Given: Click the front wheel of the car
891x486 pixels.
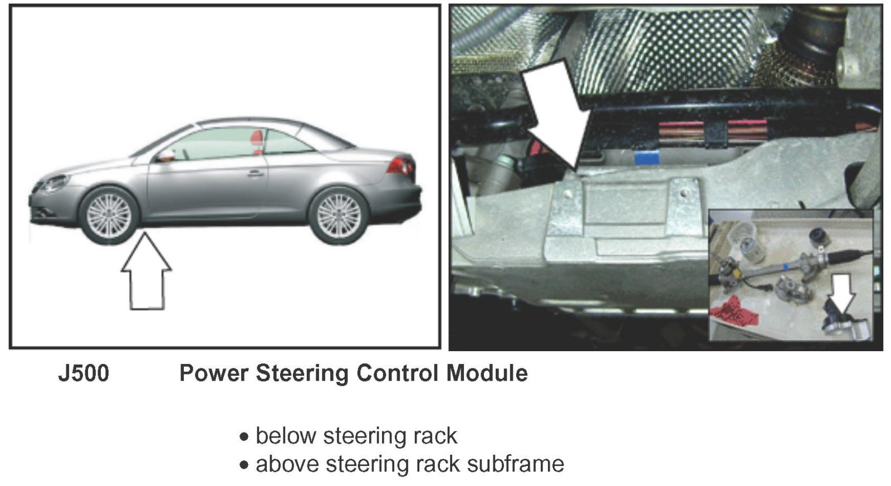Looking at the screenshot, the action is click(109, 216).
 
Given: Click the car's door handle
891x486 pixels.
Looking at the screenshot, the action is click(256, 173).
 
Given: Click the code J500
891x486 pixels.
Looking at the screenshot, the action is click(84, 373).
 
